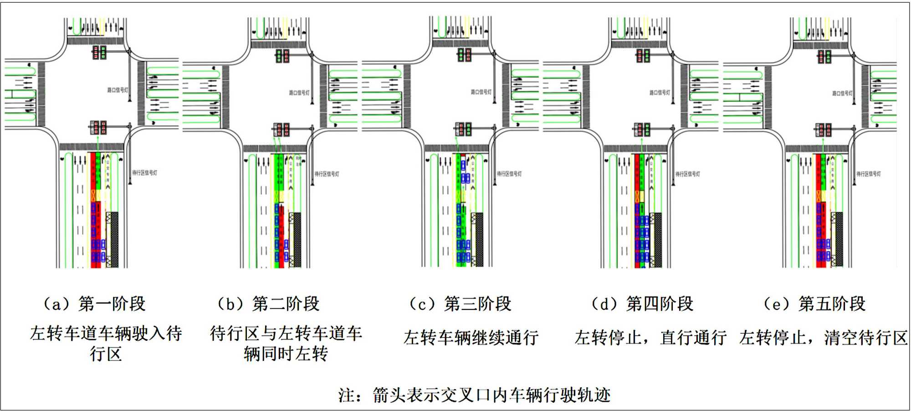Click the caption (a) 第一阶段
[94, 304]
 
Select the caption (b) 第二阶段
[268, 304]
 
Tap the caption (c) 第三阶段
[460, 304]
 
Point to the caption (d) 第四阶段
[642, 304]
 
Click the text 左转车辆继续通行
[471, 338]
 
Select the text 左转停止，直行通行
[650, 338]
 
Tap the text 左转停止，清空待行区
[824, 338]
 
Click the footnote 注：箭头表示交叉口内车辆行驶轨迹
[474, 395]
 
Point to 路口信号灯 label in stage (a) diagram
[118, 90]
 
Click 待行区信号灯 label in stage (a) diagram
[145, 173]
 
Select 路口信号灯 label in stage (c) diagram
[481, 92]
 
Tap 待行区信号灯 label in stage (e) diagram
[868, 174]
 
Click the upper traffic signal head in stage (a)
[99, 52]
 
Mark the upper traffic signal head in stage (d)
[643, 56]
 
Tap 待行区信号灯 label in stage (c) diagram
[509, 174]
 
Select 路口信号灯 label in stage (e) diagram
[842, 93]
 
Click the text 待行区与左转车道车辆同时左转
[286, 343]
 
